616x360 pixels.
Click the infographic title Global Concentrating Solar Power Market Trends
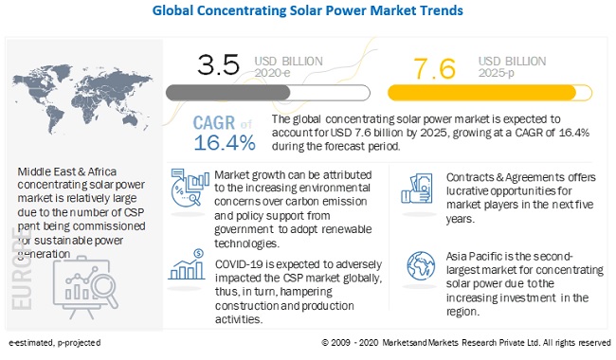308,10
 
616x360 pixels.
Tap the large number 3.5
218,64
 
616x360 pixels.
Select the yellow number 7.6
434,68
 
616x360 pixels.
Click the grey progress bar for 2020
267,93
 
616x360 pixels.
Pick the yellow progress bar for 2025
490,93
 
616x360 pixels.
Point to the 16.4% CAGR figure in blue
225,142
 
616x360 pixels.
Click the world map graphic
82,99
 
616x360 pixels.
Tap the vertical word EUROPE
22,268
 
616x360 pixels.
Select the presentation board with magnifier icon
85,288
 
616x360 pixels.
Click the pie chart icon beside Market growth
190,188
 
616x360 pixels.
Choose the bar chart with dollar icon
187,264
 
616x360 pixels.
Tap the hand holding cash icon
417,189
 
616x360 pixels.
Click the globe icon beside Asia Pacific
421,266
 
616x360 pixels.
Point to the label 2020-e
272,73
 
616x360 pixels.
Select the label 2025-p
497,73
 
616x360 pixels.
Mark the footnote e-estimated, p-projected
55,343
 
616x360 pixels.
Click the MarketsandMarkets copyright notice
466,343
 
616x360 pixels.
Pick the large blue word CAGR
214,123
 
